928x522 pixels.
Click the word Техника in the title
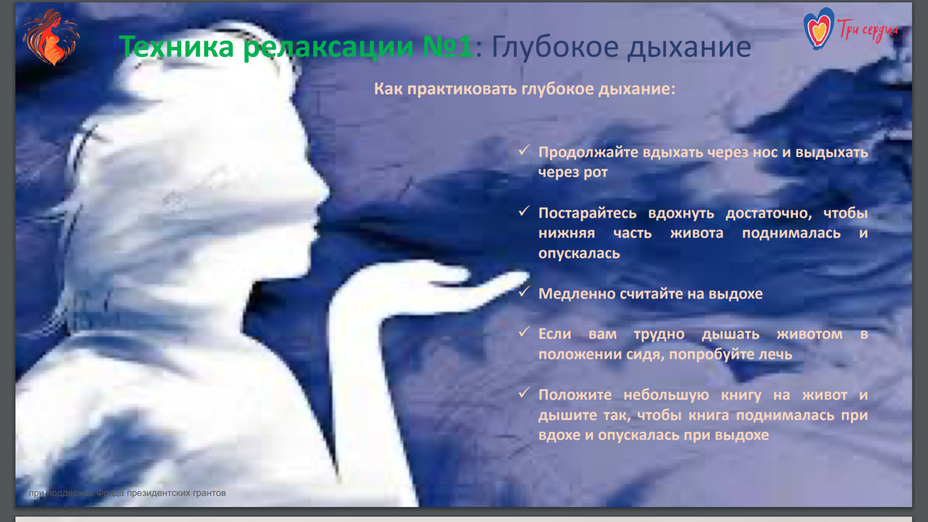177,46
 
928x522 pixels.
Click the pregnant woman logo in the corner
51,38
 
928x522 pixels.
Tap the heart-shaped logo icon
819,28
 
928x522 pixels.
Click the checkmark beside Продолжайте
524,150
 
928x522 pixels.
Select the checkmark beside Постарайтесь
524,211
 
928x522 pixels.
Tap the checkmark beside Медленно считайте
524,292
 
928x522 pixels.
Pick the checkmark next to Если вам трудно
524,332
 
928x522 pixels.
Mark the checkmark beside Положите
524,392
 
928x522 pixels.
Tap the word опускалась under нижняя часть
579,254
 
